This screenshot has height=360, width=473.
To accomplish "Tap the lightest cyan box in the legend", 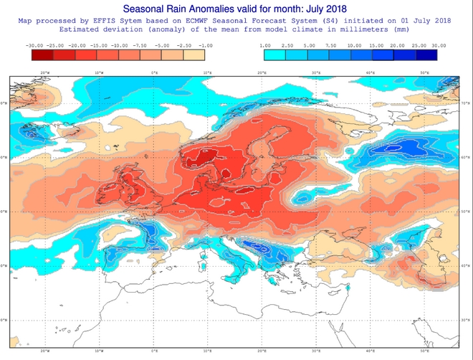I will pos(274,54).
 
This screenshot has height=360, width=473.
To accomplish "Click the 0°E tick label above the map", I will pos(154,72).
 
